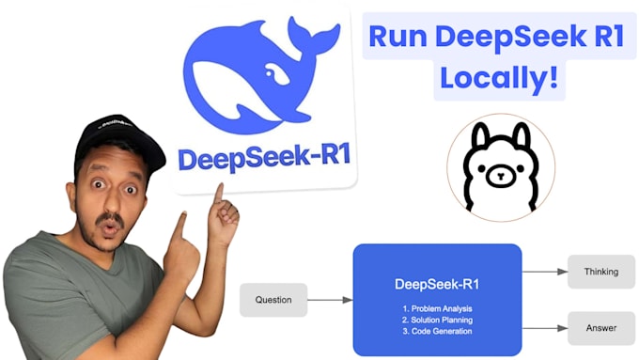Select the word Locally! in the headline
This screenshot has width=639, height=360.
[499, 78]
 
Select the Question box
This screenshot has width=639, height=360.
[273, 300]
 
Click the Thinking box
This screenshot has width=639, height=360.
[600, 272]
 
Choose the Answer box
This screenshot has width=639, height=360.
[600, 329]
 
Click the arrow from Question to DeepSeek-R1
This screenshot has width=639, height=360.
[330, 300]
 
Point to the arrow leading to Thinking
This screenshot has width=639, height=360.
[544, 272]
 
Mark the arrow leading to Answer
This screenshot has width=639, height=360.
[544, 329]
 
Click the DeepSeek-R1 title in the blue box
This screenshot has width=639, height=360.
[436, 282]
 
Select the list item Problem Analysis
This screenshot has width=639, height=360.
[436, 307]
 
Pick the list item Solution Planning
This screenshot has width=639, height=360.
[436, 319]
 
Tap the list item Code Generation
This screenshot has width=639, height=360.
[436, 330]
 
